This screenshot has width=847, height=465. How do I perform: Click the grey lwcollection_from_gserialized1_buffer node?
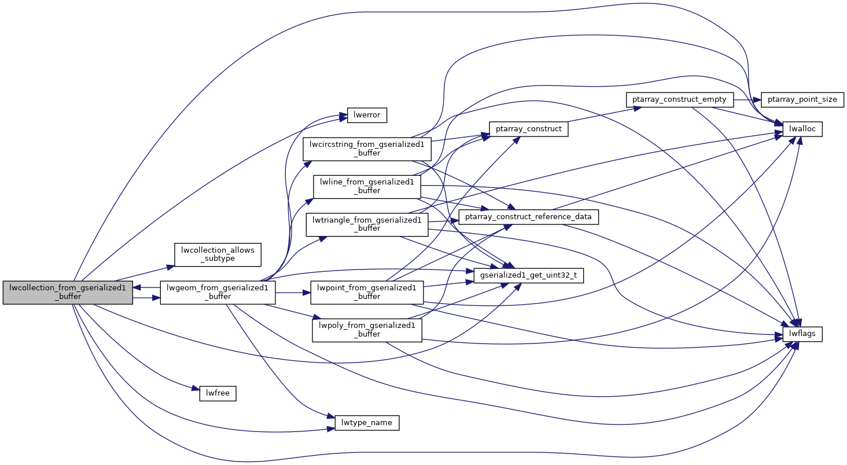(x=68, y=291)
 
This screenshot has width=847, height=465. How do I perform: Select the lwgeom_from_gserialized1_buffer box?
(x=217, y=291)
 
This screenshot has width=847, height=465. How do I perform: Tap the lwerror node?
(x=366, y=115)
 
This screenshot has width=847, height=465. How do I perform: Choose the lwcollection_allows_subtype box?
(x=218, y=254)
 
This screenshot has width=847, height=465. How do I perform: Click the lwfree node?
(x=218, y=393)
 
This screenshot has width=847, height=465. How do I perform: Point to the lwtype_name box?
(x=367, y=423)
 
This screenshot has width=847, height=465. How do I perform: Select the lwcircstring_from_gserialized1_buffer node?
(x=367, y=149)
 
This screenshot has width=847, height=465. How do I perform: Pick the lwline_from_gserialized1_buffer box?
(x=367, y=186)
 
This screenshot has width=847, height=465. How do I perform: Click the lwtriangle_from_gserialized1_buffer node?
(x=367, y=224)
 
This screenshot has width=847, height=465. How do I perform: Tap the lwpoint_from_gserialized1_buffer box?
(x=367, y=291)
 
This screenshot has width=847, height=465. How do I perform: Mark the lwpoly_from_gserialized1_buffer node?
(x=367, y=329)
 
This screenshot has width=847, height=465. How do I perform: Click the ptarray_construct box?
(x=528, y=128)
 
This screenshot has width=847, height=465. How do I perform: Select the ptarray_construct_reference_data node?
(x=528, y=217)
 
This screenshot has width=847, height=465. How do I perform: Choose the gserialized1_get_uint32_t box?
(x=528, y=276)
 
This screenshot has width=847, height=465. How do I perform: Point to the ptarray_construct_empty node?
(x=680, y=99)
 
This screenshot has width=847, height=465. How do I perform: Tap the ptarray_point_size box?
(x=802, y=99)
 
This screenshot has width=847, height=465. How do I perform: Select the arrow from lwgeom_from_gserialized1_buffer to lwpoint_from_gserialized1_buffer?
(x=293, y=292)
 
